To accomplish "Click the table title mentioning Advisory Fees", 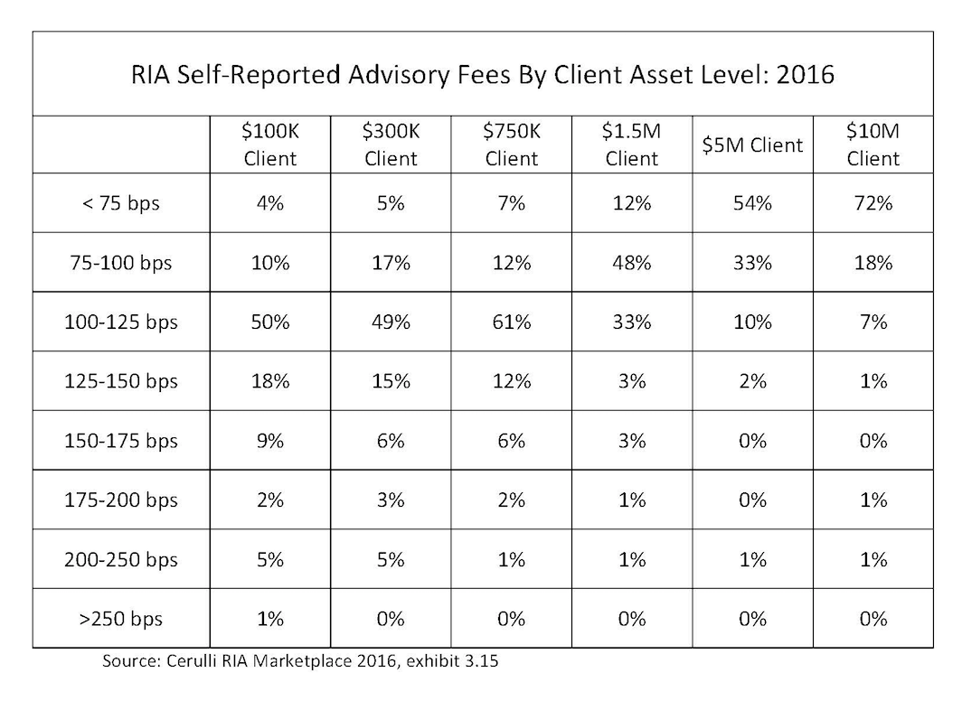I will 482,75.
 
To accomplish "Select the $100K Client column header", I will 270,145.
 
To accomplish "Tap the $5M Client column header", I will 752,145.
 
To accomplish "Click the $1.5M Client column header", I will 632,145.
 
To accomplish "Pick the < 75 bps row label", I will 121,203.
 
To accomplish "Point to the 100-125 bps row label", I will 121,322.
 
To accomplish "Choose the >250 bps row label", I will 121,619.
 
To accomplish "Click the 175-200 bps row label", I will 121,500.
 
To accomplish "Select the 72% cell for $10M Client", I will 873,203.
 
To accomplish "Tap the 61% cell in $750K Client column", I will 512,322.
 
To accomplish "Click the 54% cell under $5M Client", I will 752,203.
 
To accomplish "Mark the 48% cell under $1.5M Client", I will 632,263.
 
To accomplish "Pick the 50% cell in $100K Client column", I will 270,322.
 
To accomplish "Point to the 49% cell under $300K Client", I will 391,322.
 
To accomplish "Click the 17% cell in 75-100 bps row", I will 391,263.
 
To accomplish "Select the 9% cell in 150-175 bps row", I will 270,441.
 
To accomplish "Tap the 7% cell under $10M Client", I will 873,322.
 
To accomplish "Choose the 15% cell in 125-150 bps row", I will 391,381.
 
